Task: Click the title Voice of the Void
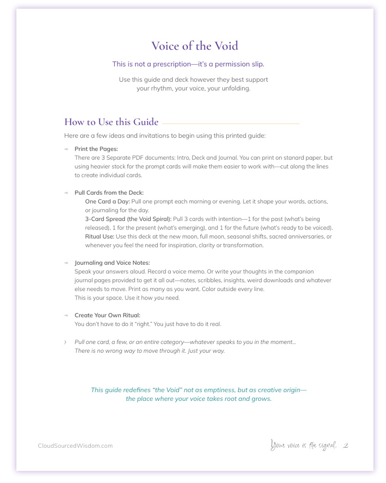click(x=194, y=46)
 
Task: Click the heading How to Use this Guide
click(x=111, y=122)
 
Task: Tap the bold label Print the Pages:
click(x=96, y=149)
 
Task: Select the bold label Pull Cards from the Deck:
click(x=109, y=193)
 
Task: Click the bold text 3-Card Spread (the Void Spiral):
click(x=128, y=219)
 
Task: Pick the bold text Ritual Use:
click(x=99, y=237)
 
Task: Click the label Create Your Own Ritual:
click(x=104, y=315)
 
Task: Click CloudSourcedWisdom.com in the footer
click(x=75, y=446)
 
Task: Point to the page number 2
click(x=345, y=445)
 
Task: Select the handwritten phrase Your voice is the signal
click(x=303, y=445)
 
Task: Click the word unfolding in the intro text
click(x=236, y=88)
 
